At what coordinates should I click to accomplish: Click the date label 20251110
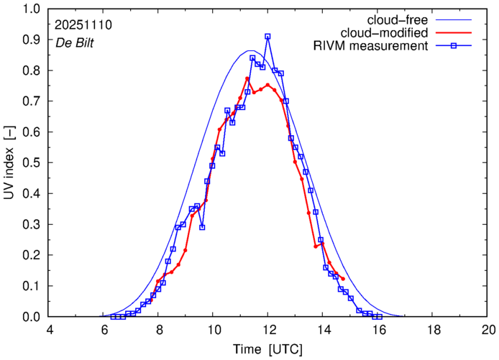point(83,25)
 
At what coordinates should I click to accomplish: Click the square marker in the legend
point(454,47)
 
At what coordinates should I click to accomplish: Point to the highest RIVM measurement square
point(267,36)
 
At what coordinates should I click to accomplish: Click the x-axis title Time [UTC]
point(269,349)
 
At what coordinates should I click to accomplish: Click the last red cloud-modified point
point(343,279)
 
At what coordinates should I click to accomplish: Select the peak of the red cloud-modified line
point(247,78)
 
